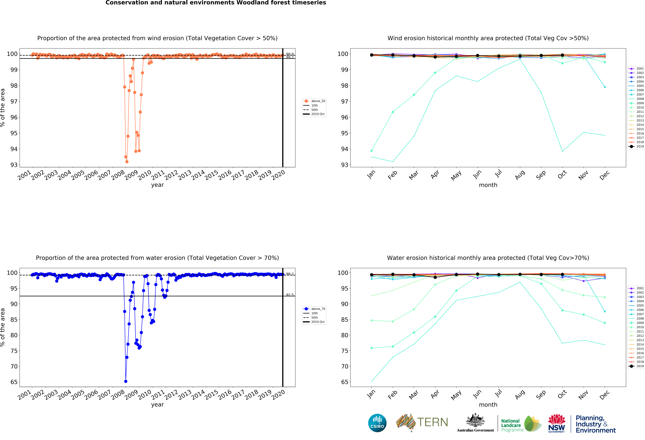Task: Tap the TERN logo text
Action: pyautogui.click(x=432, y=422)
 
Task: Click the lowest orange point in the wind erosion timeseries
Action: pyautogui.click(x=127, y=162)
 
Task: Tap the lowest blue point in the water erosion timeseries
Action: pyautogui.click(x=126, y=381)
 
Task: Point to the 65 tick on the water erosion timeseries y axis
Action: pyautogui.click(x=14, y=382)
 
